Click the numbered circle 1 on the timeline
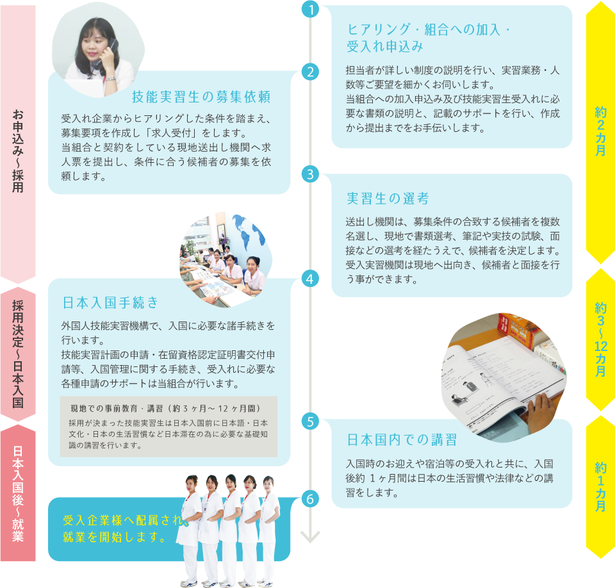(310, 10)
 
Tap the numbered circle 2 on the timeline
(310, 72)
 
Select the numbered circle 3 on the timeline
(310, 174)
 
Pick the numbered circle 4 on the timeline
(310, 279)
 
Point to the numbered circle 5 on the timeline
(310, 421)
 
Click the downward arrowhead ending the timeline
(310, 537)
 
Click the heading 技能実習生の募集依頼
(201, 97)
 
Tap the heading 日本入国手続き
(110, 302)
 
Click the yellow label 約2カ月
(600, 131)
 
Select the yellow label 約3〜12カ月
(600, 339)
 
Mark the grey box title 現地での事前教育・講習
(165, 407)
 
